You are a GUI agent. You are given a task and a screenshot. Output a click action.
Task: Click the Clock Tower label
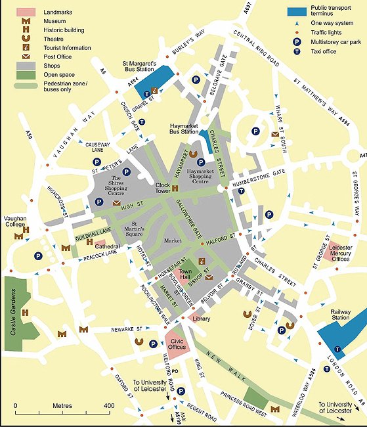click(x=163, y=189)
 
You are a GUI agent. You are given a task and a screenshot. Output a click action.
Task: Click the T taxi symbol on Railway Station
click(x=336, y=348)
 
